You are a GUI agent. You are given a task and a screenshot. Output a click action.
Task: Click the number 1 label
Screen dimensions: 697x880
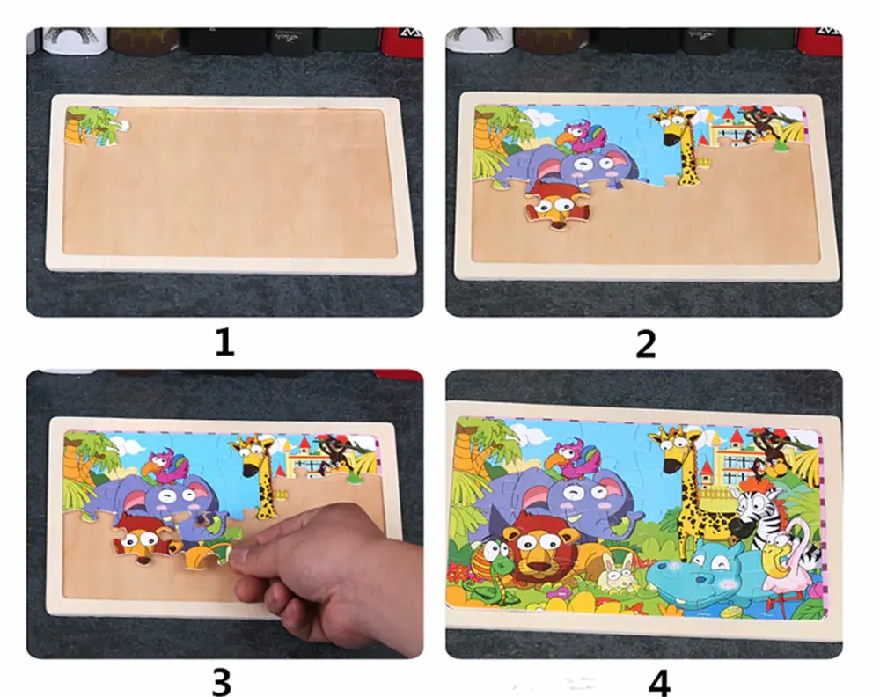click(x=224, y=341)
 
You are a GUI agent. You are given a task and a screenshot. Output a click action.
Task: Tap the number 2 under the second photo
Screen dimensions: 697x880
click(x=645, y=342)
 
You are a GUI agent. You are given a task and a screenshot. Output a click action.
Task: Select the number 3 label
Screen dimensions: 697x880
click(x=223, y=680)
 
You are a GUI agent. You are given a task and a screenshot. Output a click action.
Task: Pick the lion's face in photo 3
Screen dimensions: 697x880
click(x=138, y=541)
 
